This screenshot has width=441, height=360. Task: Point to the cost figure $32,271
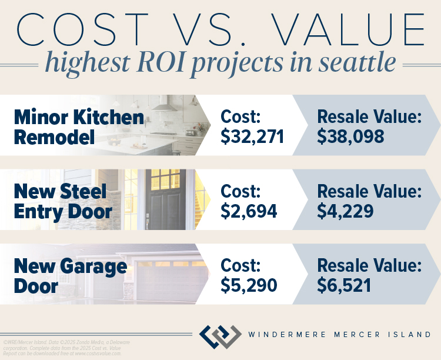253,136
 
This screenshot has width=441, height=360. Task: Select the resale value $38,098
351,136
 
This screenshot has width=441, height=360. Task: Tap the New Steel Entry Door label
62,201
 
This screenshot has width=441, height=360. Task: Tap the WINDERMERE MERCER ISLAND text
340,335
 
